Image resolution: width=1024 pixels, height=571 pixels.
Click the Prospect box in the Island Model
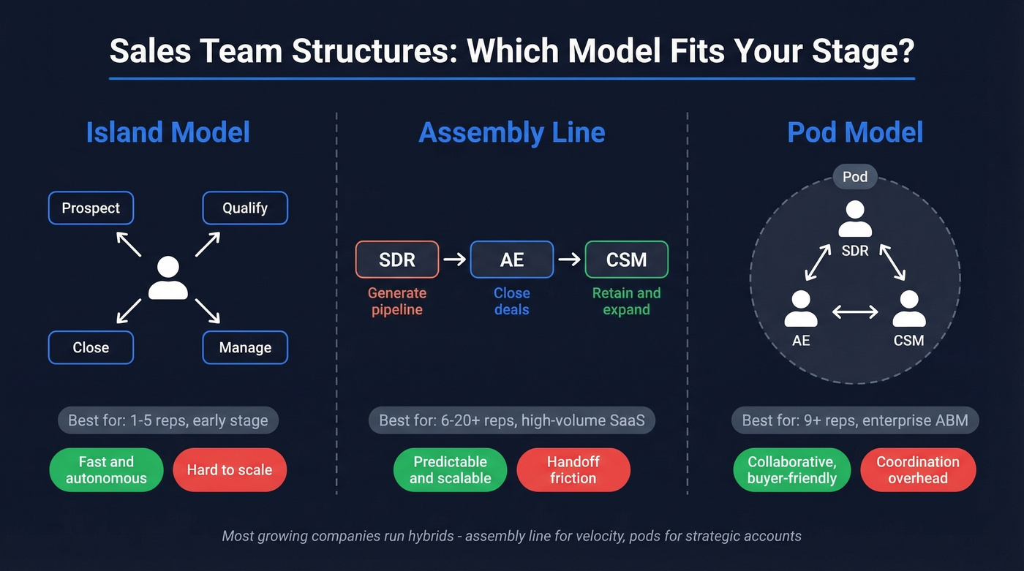(x=91, y=208)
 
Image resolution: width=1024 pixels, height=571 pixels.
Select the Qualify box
(x=245, y=208)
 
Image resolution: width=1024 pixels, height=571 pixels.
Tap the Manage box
(x=245, y=348)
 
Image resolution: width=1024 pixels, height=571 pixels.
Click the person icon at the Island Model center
(x=167, y=279)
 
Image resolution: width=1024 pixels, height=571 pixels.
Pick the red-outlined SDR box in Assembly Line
(x=397, y=260)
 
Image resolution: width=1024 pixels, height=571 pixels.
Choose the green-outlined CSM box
(x=626, y=260)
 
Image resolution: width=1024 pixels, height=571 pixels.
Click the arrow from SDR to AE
(x=454, y=260)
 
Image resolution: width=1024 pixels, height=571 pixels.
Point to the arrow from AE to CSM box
(x=569, y=260)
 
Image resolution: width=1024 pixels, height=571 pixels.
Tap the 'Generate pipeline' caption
(x=397, y=301)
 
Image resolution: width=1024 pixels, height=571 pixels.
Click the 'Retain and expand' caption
(x=626, y=301)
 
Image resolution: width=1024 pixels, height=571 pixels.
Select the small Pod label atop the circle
(x=854, y=177)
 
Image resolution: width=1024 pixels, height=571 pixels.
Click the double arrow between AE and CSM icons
(x=855, y=312)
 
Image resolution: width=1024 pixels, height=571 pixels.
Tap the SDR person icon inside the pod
(x=855, y=219)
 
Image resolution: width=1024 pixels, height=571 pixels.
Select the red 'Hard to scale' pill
(x=230, y=470)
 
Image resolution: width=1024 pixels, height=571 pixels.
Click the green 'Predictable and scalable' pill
(x=450, y=470)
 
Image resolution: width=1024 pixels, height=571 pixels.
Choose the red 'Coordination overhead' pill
(x=918, y=470)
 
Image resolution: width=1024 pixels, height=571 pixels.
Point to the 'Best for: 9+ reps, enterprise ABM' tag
(x=855, y=420)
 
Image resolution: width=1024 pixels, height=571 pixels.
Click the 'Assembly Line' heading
(x=512, y=133)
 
